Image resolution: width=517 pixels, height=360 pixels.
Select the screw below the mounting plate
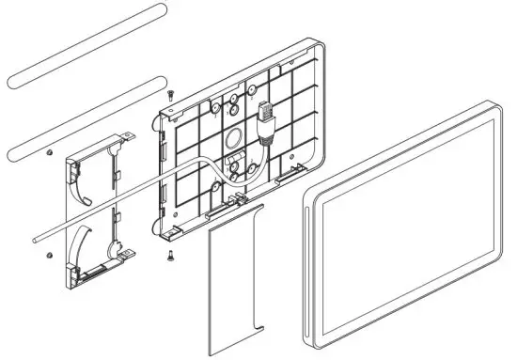pos(169,253)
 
